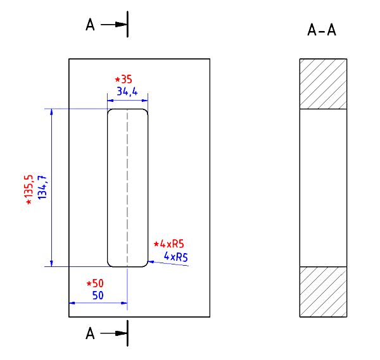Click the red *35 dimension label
(x=123, y=80)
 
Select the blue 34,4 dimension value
(x=127, y=92)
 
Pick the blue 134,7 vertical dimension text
(x=42, y=187)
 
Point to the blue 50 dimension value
(x=98, y=295)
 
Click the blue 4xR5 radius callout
(x=175, y=256)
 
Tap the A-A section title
(x=321, y=30)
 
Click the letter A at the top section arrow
(x=91, y=25)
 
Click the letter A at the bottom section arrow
(x=91, y=333)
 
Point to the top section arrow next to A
(x=116, y=25)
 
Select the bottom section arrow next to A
(x=116, y=333)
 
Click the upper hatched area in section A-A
(x=323, y=84)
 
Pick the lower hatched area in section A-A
(x=323, y=292)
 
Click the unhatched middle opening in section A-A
(x=323, y=187)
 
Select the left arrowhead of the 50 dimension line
(x=72, y=304)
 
